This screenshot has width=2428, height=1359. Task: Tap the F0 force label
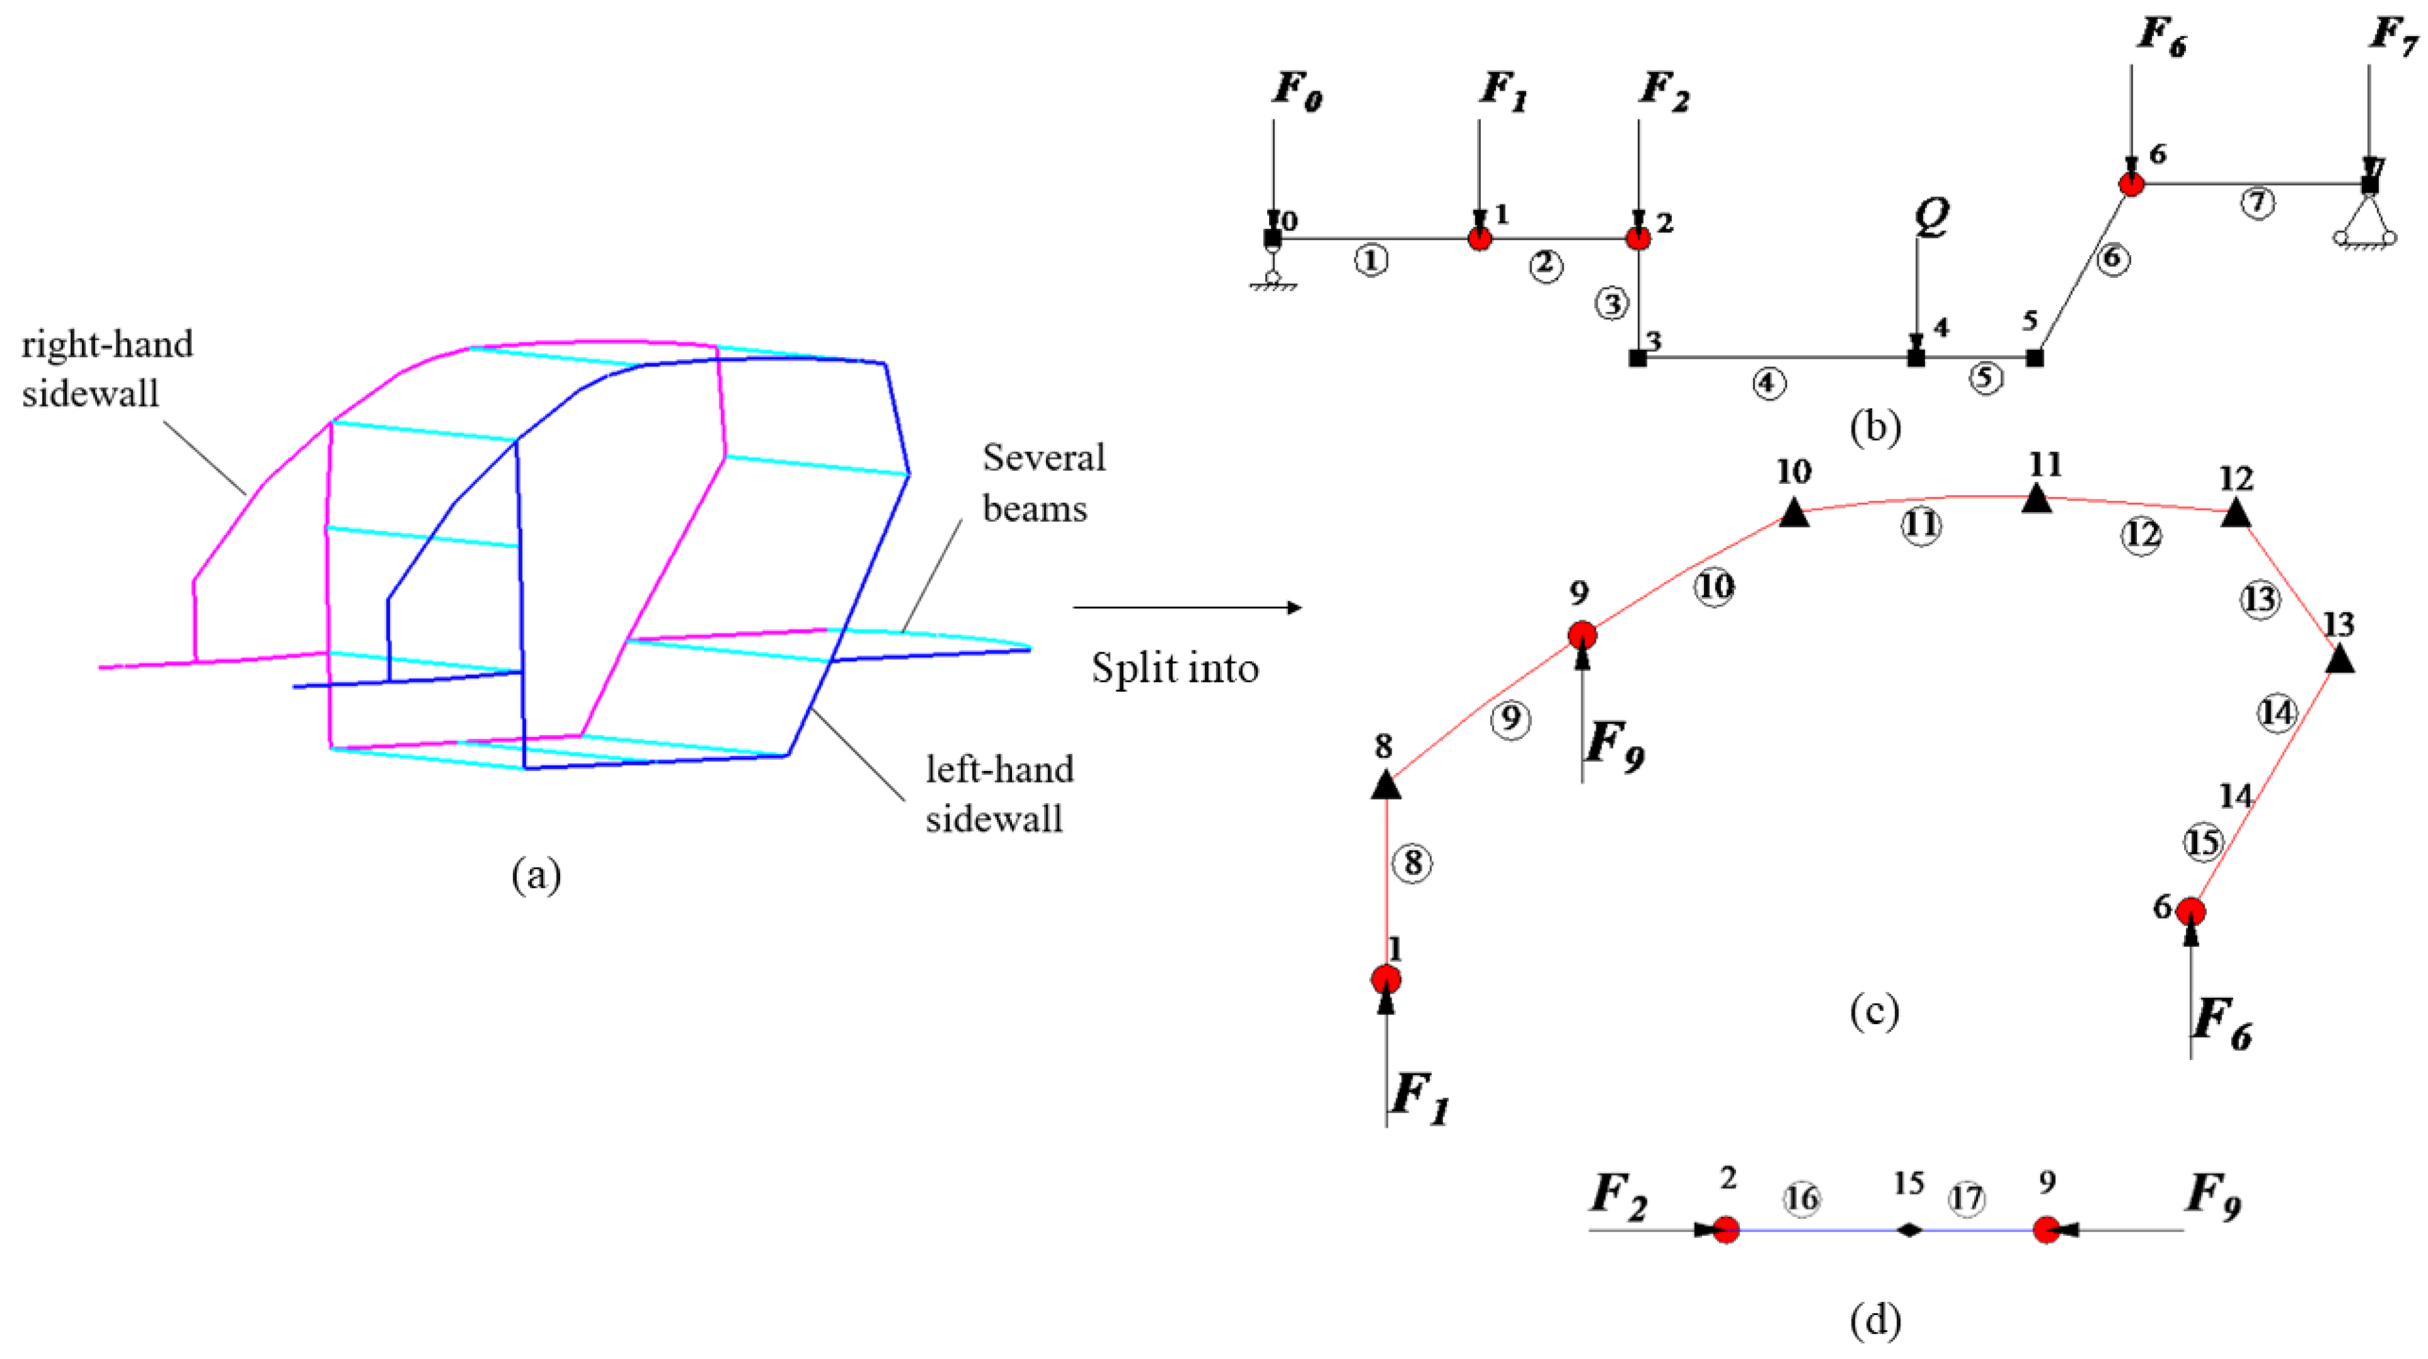[x=1297, y=91]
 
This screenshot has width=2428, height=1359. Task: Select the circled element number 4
[x=1768, y=384]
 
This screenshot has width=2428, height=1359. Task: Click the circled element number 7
[x=2256, y=203]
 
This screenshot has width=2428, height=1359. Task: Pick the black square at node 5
[x=2035, y=358]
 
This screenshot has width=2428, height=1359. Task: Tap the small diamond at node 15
[x=1909, y=1230]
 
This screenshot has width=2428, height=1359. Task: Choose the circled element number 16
[x=1801, y=1199]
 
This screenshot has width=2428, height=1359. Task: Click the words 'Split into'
[x=1175, y=668]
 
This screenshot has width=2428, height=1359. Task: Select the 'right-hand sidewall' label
[x=106, y=368]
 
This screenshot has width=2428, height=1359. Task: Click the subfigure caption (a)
[x=536, y=876]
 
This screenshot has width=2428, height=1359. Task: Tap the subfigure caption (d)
[x=1874, y=1320]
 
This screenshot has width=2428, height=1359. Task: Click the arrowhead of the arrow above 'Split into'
[x=1295, y=608]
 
